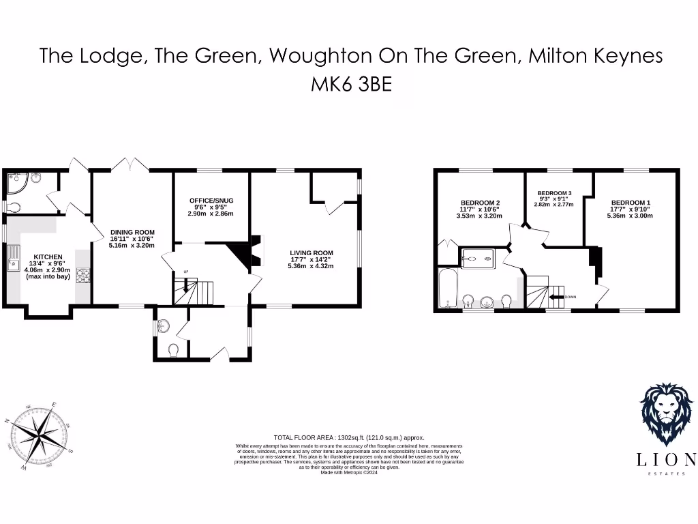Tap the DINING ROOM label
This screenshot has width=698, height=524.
(132, 232)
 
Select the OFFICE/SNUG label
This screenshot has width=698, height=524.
(211, 201)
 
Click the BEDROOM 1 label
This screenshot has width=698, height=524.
(631, 203)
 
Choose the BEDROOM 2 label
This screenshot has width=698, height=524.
(481, 203)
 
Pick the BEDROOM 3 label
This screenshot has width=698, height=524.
(554, 193)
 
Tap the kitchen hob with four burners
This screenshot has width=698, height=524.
(84, 276)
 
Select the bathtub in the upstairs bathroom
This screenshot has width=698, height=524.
(446, 289)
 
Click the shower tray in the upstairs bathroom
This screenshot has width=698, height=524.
(472, 258)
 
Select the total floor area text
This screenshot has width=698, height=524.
(348, 437)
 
